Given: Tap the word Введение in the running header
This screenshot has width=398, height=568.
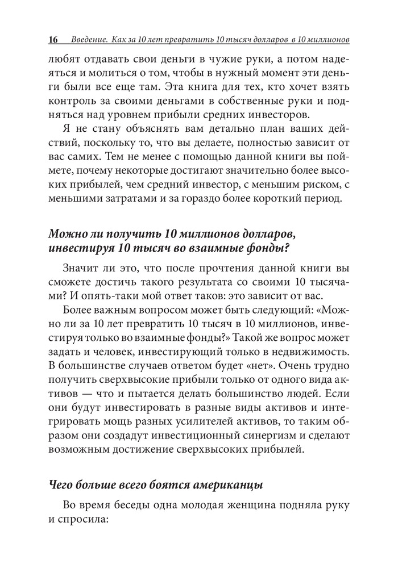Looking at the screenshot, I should coord(89,40).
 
